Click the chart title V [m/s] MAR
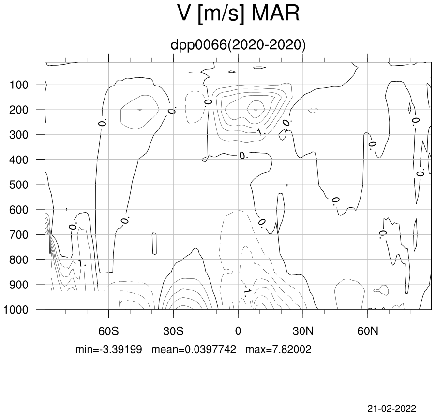point(238,14)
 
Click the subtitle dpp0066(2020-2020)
point(238,45)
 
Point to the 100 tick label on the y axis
point(18,85)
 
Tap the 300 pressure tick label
point(18,135)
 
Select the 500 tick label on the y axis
point(18,185)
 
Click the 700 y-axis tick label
point(18,235)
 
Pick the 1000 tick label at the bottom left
point(15,310)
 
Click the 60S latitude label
point(108,331)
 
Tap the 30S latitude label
point(173,331)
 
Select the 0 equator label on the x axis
point(238,331)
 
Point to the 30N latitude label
point(303,331)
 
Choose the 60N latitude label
point(368,331)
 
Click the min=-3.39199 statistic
point(109,349)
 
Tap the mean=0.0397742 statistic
point(194,349)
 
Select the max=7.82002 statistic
point(278,349)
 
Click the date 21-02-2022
point(391,408)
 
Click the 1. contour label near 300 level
point(261,132)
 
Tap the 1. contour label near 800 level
point(81,263)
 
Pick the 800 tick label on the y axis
point(18,260)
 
